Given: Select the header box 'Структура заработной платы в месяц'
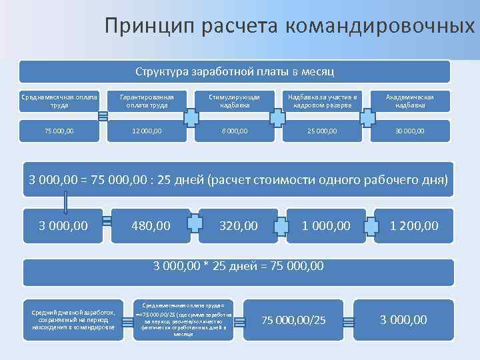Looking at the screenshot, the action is point(235,71).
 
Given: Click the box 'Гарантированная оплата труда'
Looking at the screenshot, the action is point(147,101).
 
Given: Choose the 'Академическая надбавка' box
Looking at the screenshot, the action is point(410,101).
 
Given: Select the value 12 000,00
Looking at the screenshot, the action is point(147,131).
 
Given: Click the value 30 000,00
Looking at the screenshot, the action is point(410,131).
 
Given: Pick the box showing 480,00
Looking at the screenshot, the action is point(151,226).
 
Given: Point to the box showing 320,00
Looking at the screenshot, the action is point(239,226).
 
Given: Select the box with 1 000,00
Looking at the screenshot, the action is point(326,226).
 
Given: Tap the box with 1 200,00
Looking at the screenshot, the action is point(414,226).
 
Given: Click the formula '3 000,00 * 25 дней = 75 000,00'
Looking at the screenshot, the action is point(239,266).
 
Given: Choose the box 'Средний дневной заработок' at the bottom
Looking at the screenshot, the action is point(73,320).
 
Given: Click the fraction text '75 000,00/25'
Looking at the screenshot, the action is point(293,321).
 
